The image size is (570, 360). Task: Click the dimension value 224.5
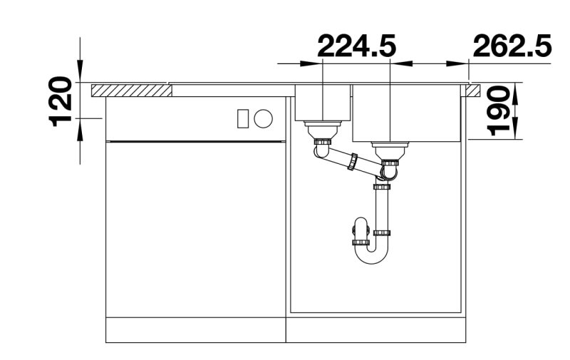pos(357,46)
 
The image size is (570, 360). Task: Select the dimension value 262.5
pos(512,46)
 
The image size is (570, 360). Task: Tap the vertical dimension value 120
pos(60,101)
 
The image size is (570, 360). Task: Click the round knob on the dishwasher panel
pos(263,118)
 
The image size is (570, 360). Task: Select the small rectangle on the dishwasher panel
pos(243,118)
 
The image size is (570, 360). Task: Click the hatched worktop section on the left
pos(132,91)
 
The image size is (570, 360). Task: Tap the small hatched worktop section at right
pos(473,91)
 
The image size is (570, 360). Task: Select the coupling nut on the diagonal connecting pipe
pos(352,162)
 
